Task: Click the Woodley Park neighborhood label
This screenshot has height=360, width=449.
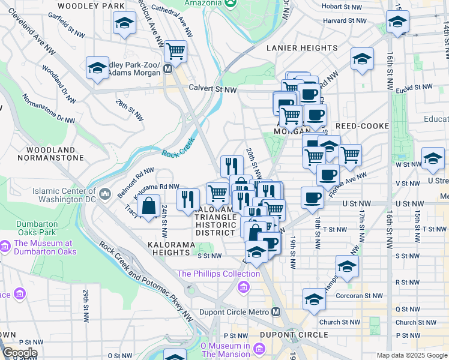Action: coord(88,6)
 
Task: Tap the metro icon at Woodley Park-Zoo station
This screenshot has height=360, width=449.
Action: coord(168,68)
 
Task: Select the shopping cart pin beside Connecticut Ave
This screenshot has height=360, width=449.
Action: coord(175,52)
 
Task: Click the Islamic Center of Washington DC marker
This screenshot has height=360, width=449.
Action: coord(106,193)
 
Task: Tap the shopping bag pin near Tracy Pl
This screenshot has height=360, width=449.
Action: coord(148,206)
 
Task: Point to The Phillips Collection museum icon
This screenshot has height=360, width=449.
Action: coord(243,287)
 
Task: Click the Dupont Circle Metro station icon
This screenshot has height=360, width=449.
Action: coord(276,311)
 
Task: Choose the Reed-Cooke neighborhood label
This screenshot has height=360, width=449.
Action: coord(358,126)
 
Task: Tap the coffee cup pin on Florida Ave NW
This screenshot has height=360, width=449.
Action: coord(328,175)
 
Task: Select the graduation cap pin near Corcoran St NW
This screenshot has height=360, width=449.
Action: coord(313,299)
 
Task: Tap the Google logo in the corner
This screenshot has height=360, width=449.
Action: coord(19,353)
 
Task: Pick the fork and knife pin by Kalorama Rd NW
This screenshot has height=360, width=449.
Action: coord(188,198)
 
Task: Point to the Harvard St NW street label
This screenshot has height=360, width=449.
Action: coord(344,20)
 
